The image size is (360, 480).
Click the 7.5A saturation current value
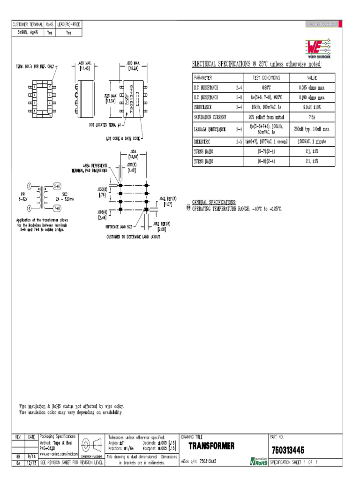[x=312, y=117]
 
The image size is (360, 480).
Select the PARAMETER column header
[x=203, y=78]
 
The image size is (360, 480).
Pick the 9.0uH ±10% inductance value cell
[x=312, y=107]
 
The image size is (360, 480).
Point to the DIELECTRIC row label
[x=202, y=142]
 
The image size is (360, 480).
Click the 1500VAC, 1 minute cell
[x=312, y=142]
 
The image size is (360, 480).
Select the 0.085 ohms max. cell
[x=312, y=88]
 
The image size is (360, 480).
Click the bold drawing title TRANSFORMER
[x=211, y=446]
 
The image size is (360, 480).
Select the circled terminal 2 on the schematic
[x=29, y=187]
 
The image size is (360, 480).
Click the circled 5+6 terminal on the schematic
[x=57, y=186]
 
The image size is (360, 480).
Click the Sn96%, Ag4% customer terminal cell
[x=27, y=33]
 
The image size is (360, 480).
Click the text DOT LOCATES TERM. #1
[x=105, y=125]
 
